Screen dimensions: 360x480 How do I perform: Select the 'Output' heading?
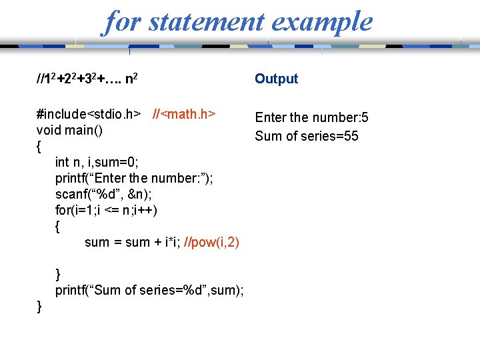276,79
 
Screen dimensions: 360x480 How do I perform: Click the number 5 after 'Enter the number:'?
365,118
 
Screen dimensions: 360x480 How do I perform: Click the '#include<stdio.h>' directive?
89,114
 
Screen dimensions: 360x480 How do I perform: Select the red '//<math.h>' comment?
184,114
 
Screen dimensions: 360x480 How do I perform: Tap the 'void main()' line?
69,130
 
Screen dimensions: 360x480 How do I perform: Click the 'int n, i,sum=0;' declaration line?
97,162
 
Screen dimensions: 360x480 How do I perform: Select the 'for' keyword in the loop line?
62,210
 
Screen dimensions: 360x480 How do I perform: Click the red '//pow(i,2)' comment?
214,242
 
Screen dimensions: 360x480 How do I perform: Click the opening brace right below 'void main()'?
39,146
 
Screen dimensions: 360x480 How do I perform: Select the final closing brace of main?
39,306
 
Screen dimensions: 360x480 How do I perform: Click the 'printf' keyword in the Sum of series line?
71,290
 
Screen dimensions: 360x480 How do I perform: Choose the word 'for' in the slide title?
122,21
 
